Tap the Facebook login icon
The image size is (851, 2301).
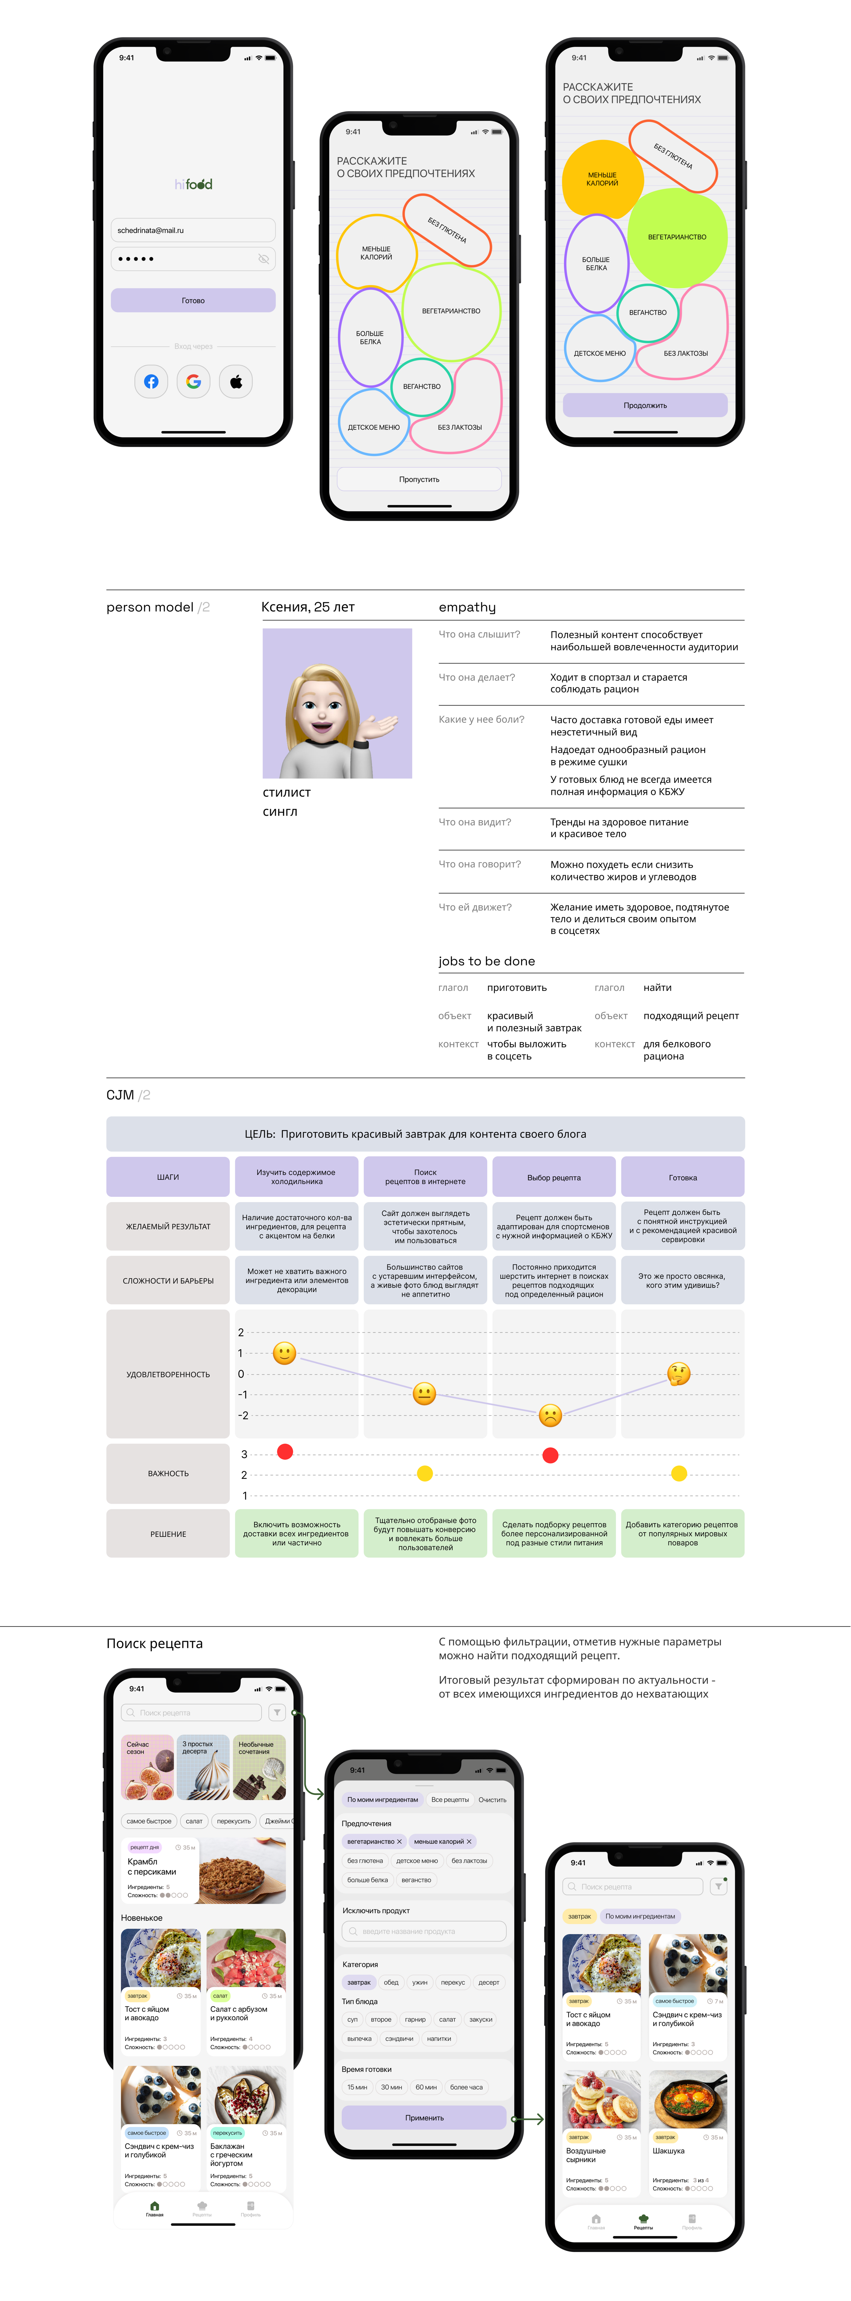pos(151,382)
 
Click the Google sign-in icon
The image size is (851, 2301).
pos(193,382)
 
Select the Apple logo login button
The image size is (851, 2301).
pos(236,382)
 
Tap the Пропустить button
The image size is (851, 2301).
pos(419,480)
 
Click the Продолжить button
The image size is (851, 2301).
pos(645,405)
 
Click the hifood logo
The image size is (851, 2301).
pos(193,184)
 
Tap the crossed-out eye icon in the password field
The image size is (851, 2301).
pos(264,259)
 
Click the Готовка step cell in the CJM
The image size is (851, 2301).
pos(682,1177)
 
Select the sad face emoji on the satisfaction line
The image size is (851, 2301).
pos(550,1415)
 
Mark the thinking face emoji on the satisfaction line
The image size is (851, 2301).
pos(679,1373)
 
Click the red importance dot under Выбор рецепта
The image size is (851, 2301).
pos(550,1455)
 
